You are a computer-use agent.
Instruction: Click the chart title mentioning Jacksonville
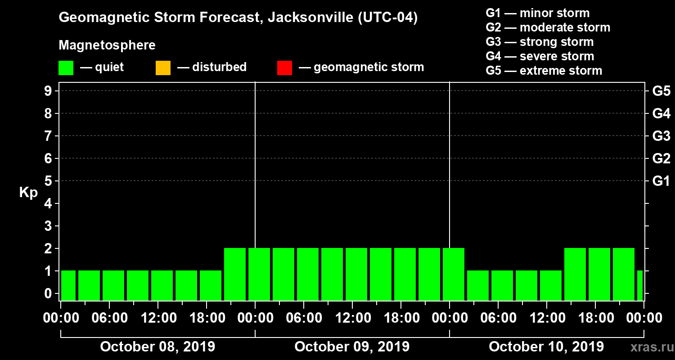click(238, 18)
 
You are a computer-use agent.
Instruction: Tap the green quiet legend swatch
click(66, 68)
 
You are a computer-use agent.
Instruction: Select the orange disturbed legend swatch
click(163, 68)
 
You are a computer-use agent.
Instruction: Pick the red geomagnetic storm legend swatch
click(284, 68)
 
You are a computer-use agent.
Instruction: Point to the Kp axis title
click(28, 193)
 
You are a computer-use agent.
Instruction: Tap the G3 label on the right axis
click(661, 136)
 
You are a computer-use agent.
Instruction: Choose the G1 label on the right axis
click(661, 181)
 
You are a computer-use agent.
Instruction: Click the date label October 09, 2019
click(352, 347)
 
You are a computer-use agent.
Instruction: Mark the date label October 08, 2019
click(157, 347)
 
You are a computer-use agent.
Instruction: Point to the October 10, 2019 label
click(546, 347)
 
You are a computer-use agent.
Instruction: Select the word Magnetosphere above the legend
click(107, 45)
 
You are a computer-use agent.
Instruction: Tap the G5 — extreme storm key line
click(544, 71)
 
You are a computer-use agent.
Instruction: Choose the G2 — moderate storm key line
click(548, 27)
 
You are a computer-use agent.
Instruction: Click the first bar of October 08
click(68, 285)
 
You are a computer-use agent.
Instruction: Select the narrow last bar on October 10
click(640, 285)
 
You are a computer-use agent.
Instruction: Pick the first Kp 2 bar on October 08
click(235, 274)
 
